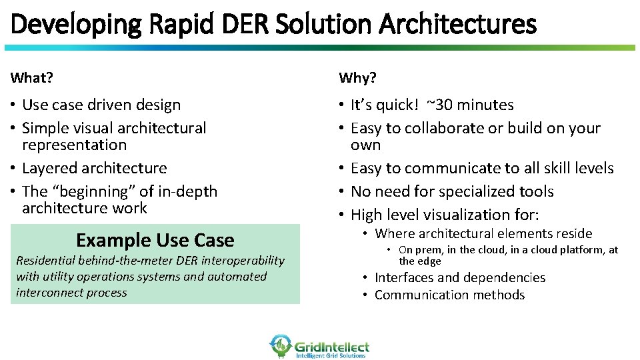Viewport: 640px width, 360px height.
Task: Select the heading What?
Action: click(32, 78)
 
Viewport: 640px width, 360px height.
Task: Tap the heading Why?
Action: click(357, 78)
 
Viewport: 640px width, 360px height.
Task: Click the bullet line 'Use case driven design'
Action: click(101, 105)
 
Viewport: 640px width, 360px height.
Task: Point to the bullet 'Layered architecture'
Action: click(94, 168)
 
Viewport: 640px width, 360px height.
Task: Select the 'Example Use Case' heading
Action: click(155, 240)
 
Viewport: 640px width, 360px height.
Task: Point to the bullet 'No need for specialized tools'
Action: click(452, 191)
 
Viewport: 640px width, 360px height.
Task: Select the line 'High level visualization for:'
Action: click(445, 215)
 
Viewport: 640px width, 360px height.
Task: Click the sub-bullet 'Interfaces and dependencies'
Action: click(460, 277)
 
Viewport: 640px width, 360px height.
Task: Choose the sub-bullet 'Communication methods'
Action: click(450, 295)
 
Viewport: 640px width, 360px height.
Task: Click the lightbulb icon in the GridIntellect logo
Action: click(281, 345)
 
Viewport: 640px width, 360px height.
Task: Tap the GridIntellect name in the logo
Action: click(331, 346)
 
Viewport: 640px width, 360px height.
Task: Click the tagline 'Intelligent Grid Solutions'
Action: click(331, 356)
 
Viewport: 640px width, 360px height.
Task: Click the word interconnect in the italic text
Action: click(45, 293)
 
